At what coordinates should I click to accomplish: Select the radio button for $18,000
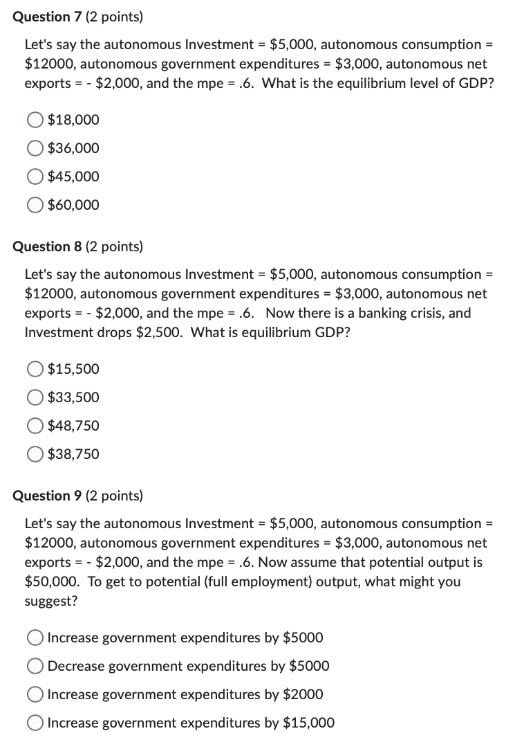tap(36, 120)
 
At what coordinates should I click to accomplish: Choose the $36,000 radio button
tap(36, 149)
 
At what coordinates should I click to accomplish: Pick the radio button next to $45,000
tap(36, 177)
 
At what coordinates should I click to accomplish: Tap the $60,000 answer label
tap(73, 206)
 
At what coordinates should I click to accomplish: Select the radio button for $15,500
tap(36, 370)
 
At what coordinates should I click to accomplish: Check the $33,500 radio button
tap(36, 398)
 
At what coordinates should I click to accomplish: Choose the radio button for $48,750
tap(36, 426)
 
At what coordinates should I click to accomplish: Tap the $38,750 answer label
tap(73, 455)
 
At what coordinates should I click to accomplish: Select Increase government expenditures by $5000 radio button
tap(36, 638)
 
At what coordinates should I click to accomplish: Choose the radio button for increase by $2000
tap(36, 694)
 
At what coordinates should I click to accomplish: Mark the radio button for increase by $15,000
tap(36, 723)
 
